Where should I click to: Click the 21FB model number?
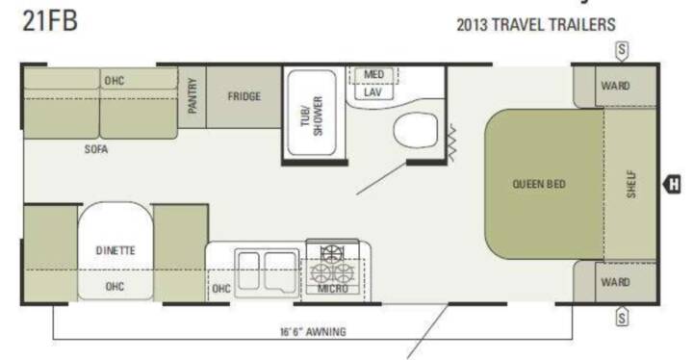(x=50, y=20)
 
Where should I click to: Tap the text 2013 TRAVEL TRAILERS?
(x=536, y=25)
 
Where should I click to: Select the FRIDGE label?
(x=244, y=96)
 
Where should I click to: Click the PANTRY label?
(x=192, y=95)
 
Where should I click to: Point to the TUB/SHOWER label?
(x=312, y=116)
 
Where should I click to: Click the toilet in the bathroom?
(x=416, y=130)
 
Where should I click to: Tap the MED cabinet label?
(x=373, y=74)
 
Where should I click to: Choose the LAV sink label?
(x=372, y=92)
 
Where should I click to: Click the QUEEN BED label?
(x=539, y=184)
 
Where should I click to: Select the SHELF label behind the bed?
(x=631, y=185)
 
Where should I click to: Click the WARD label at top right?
(x=615, y=86)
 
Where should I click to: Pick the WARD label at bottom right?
(x=615, y=282)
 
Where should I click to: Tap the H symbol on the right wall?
(x=672, y=184)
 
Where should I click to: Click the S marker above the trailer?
(x=622, y=50)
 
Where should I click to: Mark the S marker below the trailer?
(x=622, y=317)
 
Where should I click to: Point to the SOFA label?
(x=96, y=149)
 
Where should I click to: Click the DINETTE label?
(x=115, y=251)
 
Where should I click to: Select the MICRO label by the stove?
(x=333, y=289)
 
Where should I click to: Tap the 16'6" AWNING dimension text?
(x=313, y=332)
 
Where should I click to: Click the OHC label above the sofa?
(x=115, y=81)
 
